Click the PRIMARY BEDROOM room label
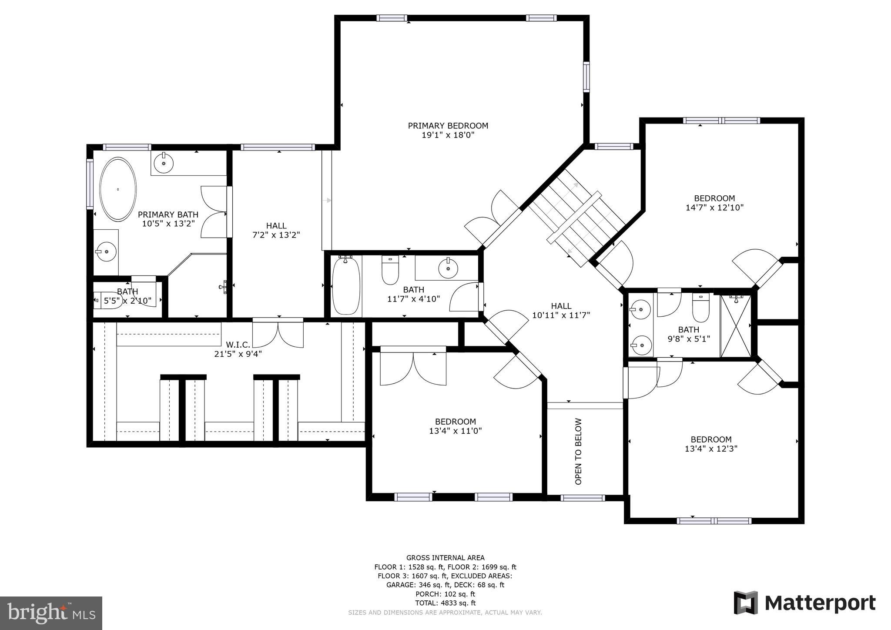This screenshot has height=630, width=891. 448,126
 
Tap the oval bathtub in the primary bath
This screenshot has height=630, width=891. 117,189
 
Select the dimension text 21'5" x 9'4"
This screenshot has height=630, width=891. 238,354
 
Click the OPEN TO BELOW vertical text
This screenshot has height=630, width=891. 578,451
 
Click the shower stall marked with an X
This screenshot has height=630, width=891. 736,326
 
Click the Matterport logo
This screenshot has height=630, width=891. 804,603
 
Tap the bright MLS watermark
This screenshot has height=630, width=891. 51,613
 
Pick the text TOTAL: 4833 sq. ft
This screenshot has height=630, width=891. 445,603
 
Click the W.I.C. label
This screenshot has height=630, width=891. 238,345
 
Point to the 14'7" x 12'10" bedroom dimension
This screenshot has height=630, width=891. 714,208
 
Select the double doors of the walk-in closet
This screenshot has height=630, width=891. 278,333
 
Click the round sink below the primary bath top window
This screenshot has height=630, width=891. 164,162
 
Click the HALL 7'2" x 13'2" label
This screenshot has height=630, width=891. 276,230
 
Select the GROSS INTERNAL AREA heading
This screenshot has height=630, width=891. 445,558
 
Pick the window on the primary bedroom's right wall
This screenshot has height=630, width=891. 586,77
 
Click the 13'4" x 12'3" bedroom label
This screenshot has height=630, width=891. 711,444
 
